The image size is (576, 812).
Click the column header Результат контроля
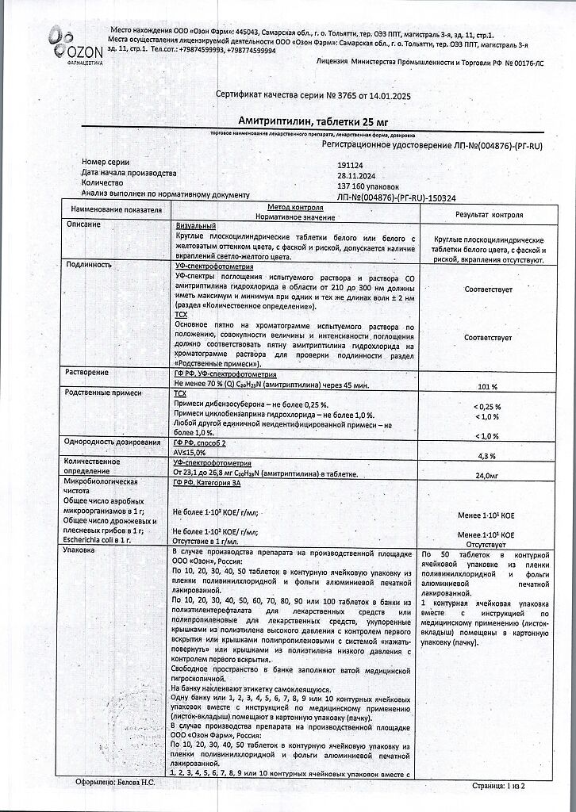pyautogui.click(x=488, y=215)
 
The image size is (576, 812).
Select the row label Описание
pyautogui.click(x=83, y=225)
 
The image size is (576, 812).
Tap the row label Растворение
pyautogui.click(x=87, y=373)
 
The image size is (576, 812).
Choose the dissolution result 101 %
pyautogui.click(x=488, y=387)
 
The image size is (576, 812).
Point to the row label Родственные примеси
pyautogui.click(x=102, y=393)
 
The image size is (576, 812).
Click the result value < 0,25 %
pyautogui.click(x=486, y=407)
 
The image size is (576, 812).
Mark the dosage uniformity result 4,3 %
pyautogui.click(x=487, y=456)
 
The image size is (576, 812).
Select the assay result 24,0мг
pyautogui.click(x=487, y=476)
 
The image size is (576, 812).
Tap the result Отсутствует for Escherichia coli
pyautogui.click(x=487, y=546)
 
